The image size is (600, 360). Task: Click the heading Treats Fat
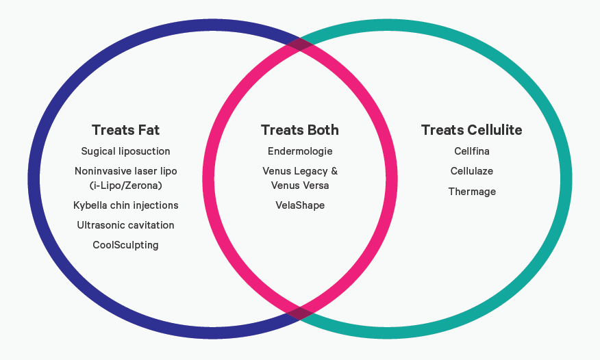[125, 130]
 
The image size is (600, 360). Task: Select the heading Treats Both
[300, 130]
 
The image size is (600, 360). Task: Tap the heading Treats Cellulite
[472, 130]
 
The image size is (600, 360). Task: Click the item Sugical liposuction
[125, 151]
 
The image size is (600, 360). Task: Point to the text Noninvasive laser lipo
[125, 171]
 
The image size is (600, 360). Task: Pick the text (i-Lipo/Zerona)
[125, 185]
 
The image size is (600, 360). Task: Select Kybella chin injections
[125, 205]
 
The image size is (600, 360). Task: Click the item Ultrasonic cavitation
[125, 225]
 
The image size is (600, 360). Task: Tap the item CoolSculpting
[125, 245]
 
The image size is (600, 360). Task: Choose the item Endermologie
[300, 151]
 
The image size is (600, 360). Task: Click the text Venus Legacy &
[300, 171]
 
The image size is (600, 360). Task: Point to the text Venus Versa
[300, 185]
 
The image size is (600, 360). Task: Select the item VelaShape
[300, 205]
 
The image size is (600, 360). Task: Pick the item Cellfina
[472, 151]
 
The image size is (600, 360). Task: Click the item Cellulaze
[472, 171]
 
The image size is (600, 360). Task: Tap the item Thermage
[472, 192]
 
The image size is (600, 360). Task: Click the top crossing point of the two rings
[300, 44]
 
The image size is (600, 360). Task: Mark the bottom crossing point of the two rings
[300, 313]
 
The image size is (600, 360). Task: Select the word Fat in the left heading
[147, 130]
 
